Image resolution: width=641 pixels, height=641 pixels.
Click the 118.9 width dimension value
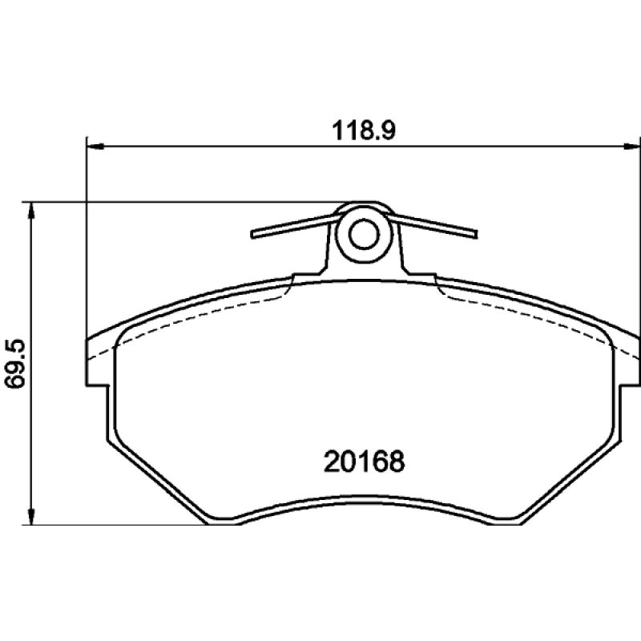[x=364, y=131]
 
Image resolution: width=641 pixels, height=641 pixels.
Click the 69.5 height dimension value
[x=15, y=364]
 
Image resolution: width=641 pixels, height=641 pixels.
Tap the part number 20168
[x=364, y=462]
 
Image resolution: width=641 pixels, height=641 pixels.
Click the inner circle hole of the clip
[x=364, y=234]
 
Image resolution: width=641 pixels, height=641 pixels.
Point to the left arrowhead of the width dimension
[x=96, y=146]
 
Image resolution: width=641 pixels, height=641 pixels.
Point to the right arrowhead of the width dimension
[x=631, y=146]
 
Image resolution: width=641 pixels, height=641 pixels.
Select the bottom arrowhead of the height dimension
[x=30, y=515]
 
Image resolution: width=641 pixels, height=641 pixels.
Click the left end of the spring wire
[x=252, y=235]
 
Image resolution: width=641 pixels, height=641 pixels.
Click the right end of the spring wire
[x=475, y=234]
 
